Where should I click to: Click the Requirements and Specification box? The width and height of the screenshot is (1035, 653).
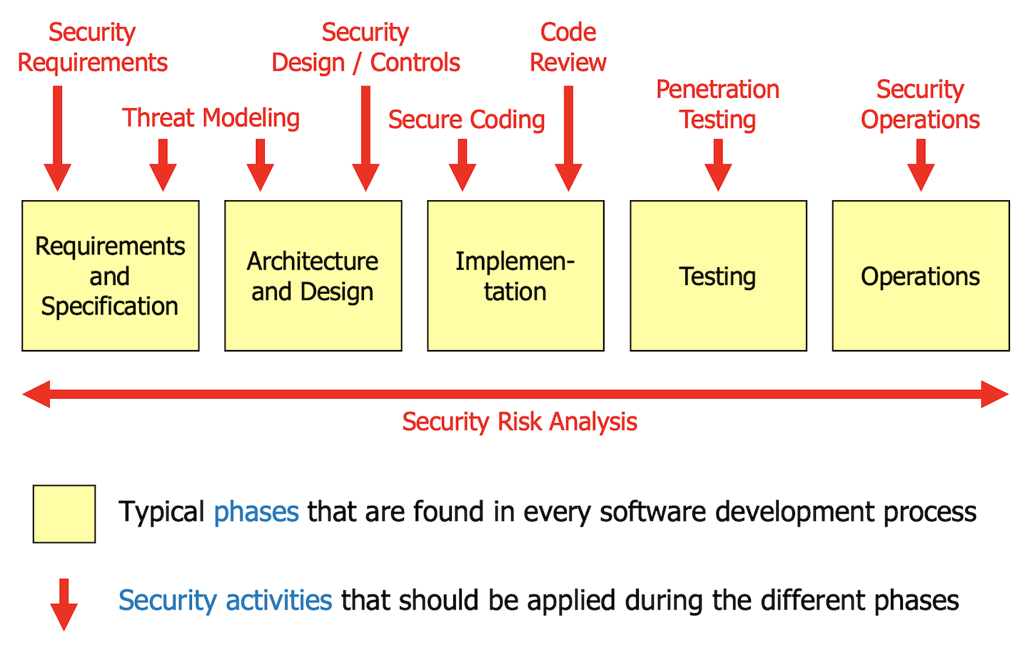pyautogui.click(x=111, y=276)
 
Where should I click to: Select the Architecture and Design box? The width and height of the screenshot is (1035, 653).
pyautogui.click(x=313, y=276)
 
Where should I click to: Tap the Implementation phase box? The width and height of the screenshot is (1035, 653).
pyautogui.click(x=515, y=276)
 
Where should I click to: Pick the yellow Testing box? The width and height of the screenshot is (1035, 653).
pyautogui.click(x=719, y=276)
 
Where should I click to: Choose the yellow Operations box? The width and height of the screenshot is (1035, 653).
pyautogui.click(x=921, y=276)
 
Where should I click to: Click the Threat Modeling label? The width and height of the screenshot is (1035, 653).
pyautogui.click(x=211, y=118)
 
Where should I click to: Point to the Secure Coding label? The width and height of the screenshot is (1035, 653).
pyautogui.click(x=467, y=120)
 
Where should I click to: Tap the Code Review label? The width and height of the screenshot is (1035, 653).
pyautogui.click(x=568, y=47)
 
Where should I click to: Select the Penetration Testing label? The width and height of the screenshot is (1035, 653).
pyautogui.click(x=717, y=104)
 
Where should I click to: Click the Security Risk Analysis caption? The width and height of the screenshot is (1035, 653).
pyautogui.click(x=520, y=422)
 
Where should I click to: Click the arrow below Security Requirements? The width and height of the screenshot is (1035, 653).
pyautogui.click(x=57, y=139)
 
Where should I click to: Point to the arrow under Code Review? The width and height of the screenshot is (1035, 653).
pyautogui.click(x=568, y=139)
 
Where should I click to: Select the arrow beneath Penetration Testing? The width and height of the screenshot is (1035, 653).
pyautogui.click(x=718, y=165)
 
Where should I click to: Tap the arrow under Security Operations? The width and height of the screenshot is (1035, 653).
pyautogui.click(x=921, y=165)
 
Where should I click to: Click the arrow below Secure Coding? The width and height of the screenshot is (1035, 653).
pyautogui.click(x=462, y=165)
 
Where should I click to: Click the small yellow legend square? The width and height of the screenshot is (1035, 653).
pyautogui.click(x=64, y=514)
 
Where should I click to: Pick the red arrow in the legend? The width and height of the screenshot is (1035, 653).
pyautogui.click(x=64, y=604)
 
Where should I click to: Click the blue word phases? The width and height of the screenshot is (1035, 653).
pyautogui.click(x=256, y=512)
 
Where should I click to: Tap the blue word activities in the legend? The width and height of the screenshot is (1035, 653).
pyautogui.click(x=278, y=600)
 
